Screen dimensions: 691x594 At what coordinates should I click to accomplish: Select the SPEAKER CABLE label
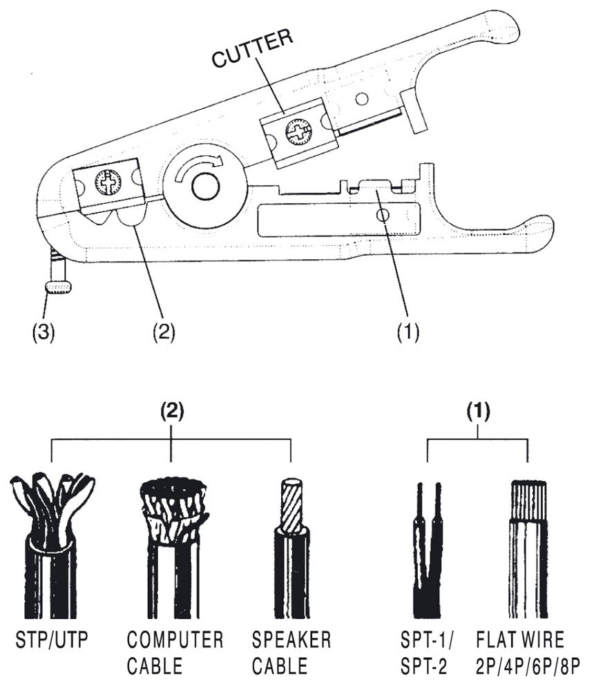tap(291, 652)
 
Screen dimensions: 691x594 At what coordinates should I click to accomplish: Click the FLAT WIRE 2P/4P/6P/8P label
tap(528, 652)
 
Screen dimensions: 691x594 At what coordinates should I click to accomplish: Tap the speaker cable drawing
tap(291, 546)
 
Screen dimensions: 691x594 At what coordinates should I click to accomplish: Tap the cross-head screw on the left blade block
tap(108, 182)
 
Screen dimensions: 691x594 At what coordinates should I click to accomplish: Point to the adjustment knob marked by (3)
tap(59, 286)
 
